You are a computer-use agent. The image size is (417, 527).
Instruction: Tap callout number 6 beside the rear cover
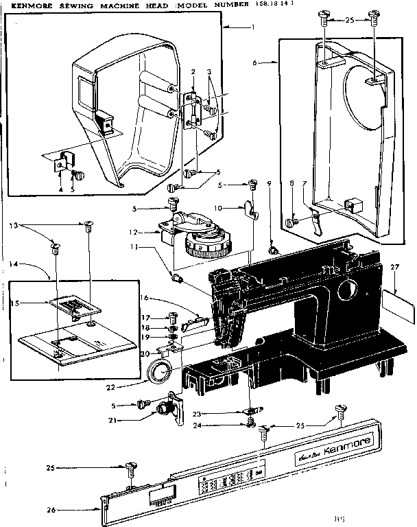[254, 62]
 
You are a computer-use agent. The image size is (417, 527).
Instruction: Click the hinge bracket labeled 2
[191, 106]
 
